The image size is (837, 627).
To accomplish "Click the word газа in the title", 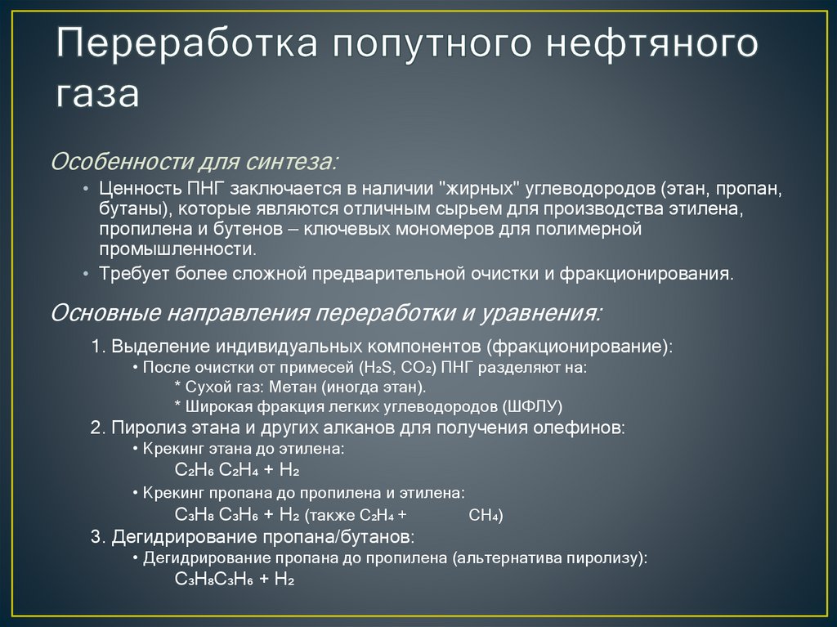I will [x=97, y=93].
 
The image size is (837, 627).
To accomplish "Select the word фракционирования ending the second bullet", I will [x=645, y=274].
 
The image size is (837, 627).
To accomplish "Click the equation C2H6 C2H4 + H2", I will [x=238, y=471].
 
